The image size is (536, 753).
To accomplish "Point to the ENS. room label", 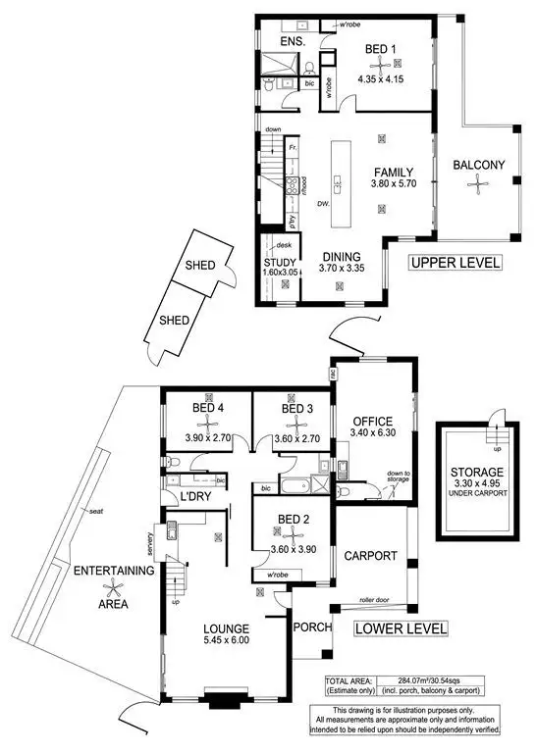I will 292,43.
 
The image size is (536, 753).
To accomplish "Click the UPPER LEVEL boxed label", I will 455,263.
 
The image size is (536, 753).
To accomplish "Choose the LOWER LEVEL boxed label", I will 401,627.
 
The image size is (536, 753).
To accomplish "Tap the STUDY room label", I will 280,262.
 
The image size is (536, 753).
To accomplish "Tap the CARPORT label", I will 370,555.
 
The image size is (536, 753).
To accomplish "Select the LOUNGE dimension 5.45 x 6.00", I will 227,640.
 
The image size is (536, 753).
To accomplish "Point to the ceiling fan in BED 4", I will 206,424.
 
